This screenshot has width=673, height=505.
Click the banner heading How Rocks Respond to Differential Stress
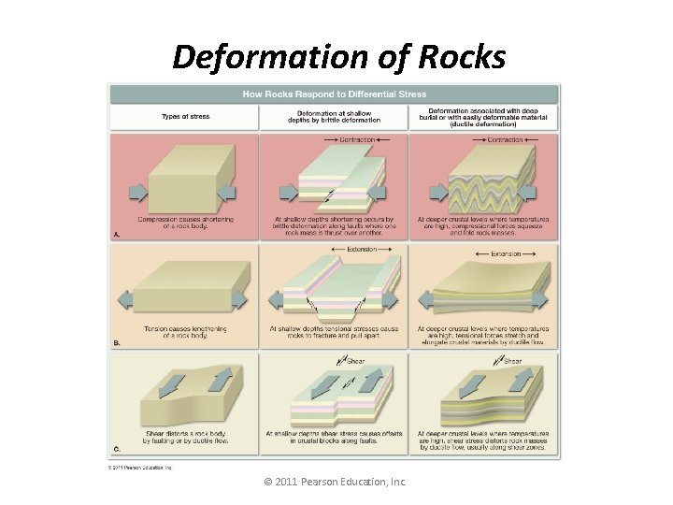pos(334,94)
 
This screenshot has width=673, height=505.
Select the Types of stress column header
pos(186,117)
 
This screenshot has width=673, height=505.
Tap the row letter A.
pos(117,235)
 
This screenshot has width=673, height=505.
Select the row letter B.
pos(117,343)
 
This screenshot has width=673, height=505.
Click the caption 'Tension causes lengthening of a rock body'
pos(185,332)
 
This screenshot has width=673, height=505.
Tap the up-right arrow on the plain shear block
pos(220,379)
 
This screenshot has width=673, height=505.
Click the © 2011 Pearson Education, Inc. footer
pos(336,483)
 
